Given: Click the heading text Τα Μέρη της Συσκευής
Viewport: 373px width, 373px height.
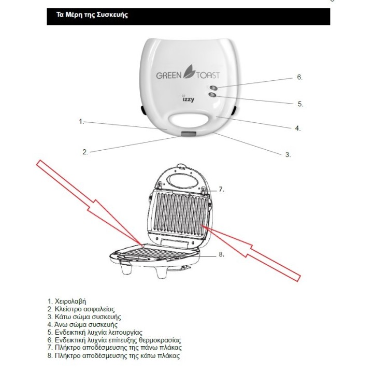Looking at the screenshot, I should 93,15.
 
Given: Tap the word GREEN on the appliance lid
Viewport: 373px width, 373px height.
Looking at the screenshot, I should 168,76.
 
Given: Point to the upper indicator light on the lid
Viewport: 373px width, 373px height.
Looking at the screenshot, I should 214,87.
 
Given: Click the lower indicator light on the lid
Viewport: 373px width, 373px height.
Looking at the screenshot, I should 212,95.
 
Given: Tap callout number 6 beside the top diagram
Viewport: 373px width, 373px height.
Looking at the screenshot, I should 299,77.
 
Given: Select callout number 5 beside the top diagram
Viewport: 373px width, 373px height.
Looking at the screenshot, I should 300,104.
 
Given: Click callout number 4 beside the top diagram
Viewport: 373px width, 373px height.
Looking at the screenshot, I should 297,128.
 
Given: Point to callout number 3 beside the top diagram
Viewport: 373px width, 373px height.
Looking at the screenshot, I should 288,154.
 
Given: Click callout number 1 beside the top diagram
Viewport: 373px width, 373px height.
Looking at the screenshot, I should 81,121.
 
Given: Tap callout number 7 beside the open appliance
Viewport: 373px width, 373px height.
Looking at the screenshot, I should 221,190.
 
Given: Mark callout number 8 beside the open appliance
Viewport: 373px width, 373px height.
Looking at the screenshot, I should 221,254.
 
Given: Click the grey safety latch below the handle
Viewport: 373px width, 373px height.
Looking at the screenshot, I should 189,135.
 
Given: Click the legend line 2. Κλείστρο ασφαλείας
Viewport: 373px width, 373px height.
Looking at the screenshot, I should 81,309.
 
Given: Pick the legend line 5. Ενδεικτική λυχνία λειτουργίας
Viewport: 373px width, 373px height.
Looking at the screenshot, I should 94,332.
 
